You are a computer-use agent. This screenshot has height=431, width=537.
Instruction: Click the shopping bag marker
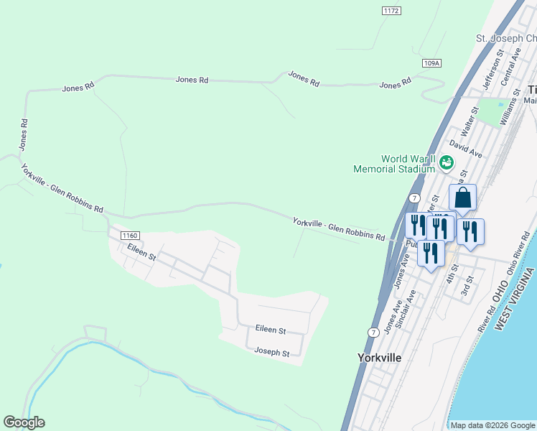(x=463, y=198)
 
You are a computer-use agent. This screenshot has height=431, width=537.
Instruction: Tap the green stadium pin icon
(x=447, y=163)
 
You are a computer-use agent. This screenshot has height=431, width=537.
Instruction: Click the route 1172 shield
(x=391, y=11)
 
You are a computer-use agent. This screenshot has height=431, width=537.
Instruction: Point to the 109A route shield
(x=431, y=63)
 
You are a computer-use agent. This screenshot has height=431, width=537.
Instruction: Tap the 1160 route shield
(x=130, y=235)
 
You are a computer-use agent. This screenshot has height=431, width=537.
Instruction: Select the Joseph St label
(x=272, y=353)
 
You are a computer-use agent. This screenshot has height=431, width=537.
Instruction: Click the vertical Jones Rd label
(x=24, y=134)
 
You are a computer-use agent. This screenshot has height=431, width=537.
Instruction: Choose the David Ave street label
(x=467, y=149)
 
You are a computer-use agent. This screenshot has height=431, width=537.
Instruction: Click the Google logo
(x=24, y=422)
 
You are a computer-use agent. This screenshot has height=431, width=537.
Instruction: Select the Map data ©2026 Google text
(x=492, y=425)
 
